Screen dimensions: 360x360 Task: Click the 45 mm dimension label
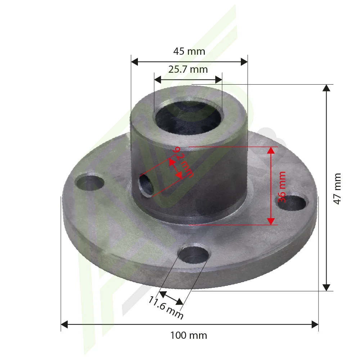pos(189,51)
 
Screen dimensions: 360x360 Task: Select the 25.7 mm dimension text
pos(188,69)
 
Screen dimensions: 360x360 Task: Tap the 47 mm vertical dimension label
pos(337,189)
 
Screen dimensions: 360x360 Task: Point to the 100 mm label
pos(189,336)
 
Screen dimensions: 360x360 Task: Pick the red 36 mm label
pos(282,187)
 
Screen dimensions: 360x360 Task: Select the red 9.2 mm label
pos(183,162)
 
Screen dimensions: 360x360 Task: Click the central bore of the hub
pos(188,118)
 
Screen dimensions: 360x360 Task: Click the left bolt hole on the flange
pos(90,183)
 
